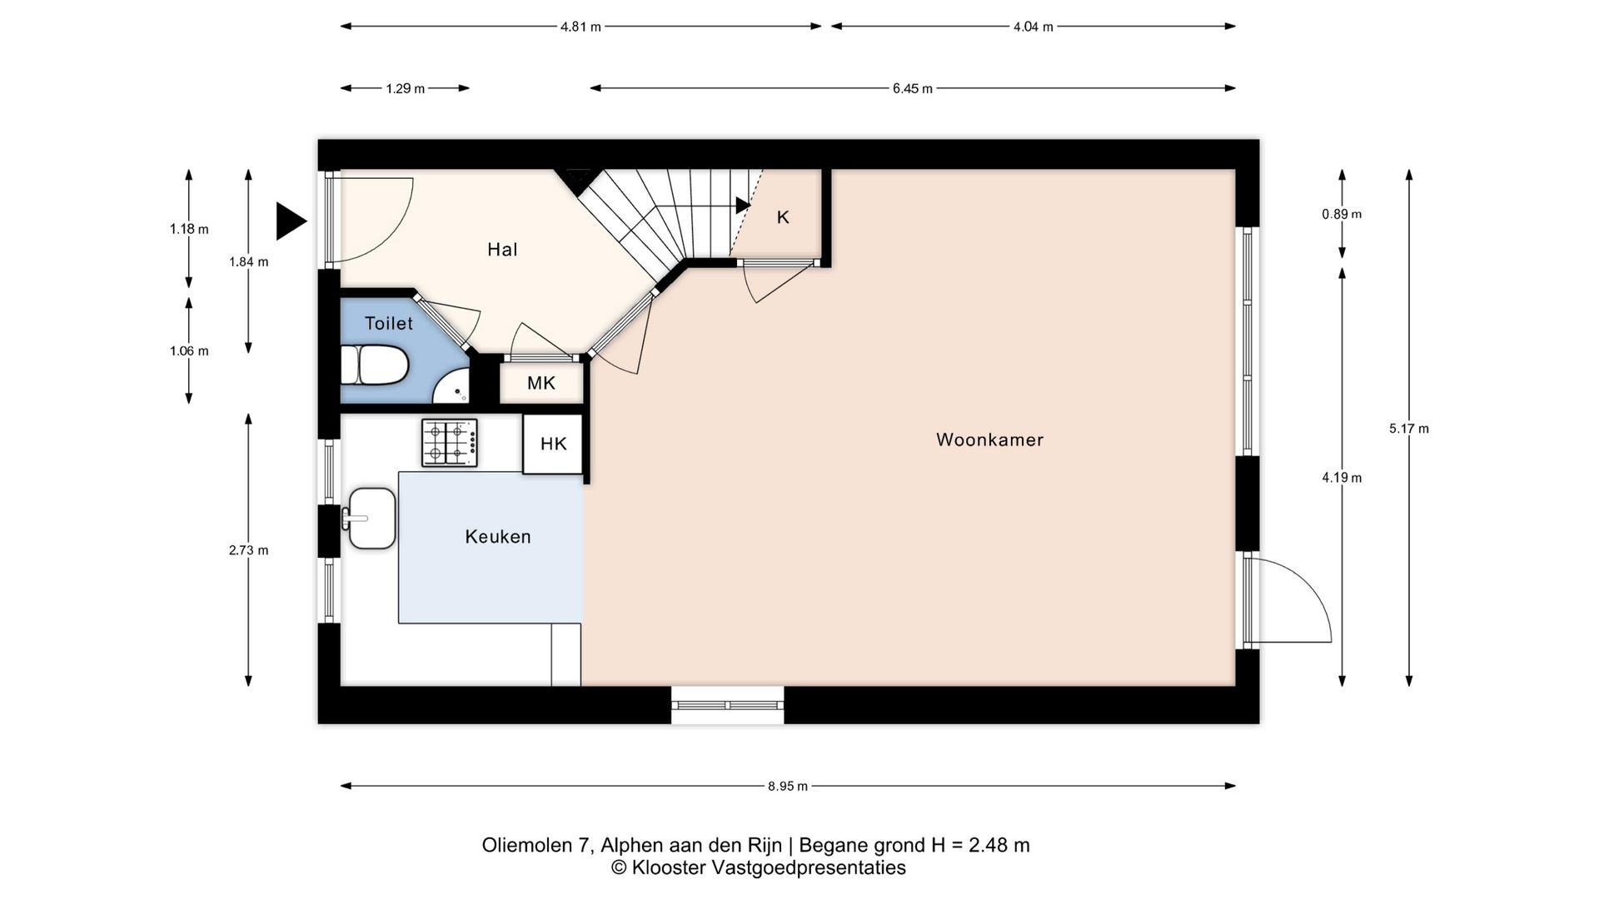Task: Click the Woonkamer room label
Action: tap(989, 440)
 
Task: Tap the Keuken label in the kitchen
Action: tap(498, 537)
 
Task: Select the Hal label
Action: tap(502, 250)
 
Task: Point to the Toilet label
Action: tap(389, 323)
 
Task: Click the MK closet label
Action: tap(541, 383)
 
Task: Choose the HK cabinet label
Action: tap(554, 444)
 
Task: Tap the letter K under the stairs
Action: tap(783, 217)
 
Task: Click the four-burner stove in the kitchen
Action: tap(450, 443)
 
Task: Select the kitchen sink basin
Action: tap(371, 519)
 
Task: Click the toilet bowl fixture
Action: tap(374, 365)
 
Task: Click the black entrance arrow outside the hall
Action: tap(291, 221)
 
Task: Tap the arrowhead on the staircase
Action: tap(742, 206)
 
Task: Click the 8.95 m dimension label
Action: tap(788, 786)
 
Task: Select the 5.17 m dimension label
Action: tap(1409, 429)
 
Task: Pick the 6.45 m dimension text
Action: tap(913, 88)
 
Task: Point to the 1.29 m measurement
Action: tap(405, 88)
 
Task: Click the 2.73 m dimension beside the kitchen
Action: tap(249, 550)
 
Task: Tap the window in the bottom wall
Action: tap(728, 705)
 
